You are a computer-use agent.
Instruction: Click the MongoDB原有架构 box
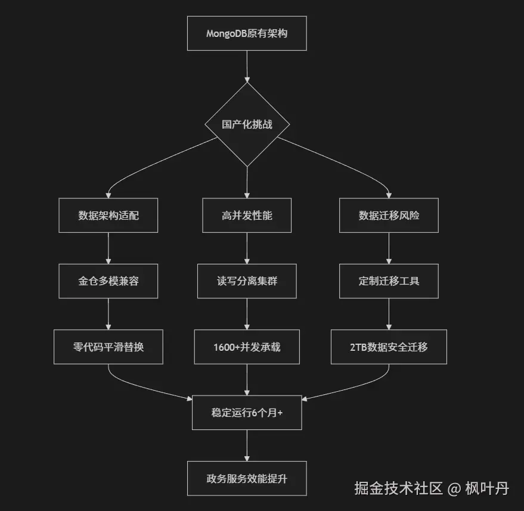coord(247,33)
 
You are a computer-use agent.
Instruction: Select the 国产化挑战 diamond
coord(247,124)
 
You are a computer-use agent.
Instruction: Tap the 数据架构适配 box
coord(108,215)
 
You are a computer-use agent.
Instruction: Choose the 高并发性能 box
coord(247,215)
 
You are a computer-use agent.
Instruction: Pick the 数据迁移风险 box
coord(389,215)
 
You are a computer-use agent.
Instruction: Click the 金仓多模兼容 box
coord(108,281)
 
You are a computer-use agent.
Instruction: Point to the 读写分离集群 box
coord(247,281)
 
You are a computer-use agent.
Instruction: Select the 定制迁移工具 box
coord(389,281)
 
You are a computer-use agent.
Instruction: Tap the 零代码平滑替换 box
coord(108,346)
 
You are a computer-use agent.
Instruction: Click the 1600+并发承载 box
coord(247,346)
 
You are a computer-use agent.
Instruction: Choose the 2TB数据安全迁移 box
coord(389,346)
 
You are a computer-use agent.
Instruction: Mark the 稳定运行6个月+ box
coord(247,412)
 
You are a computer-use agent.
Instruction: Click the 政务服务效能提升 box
coord(247,478)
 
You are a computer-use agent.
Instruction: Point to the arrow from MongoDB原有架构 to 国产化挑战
coord(247,66)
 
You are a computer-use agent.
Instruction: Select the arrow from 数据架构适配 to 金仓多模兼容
coord(108,248)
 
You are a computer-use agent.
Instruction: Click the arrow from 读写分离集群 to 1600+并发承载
coord(247,313)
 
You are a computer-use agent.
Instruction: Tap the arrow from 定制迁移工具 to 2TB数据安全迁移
coord(389,313)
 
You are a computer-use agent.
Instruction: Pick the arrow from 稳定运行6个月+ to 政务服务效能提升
coord(247,445)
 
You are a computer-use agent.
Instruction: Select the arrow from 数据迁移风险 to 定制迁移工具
coord(389,248)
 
